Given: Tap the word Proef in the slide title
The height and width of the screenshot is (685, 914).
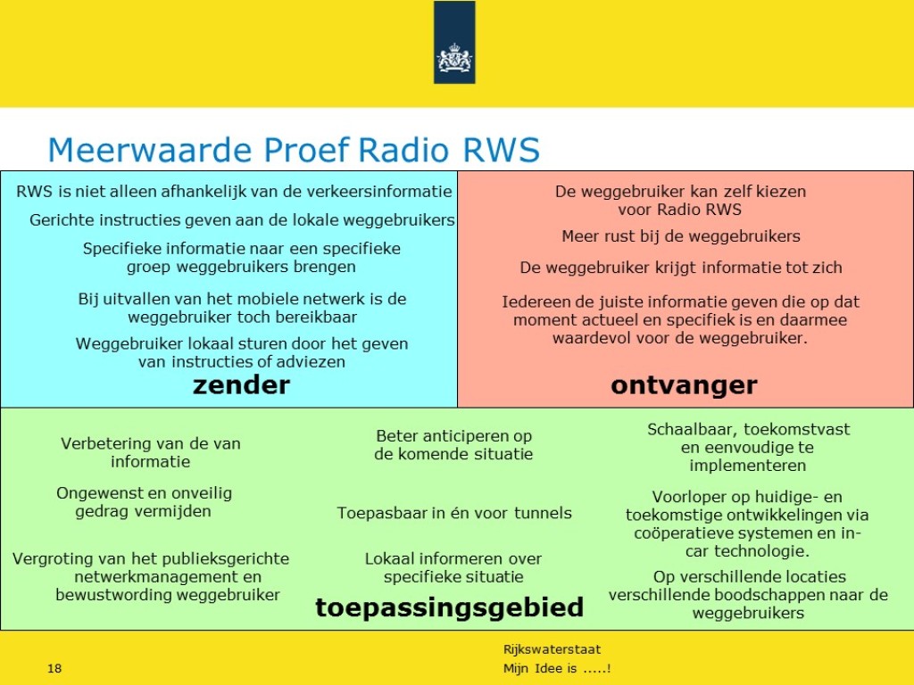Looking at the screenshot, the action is pos(307,150).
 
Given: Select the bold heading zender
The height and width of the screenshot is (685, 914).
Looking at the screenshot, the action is pos(241,385).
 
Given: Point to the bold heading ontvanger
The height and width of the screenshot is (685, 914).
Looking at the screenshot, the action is pos(684,386).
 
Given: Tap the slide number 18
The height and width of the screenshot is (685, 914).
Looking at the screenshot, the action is pos(54,668).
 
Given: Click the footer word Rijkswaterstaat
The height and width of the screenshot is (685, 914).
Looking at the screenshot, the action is pos(552,649).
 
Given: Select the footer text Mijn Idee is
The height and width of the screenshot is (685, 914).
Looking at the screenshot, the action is pos(540,669).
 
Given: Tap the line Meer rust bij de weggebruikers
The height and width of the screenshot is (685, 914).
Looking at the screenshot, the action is pos(681,236).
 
